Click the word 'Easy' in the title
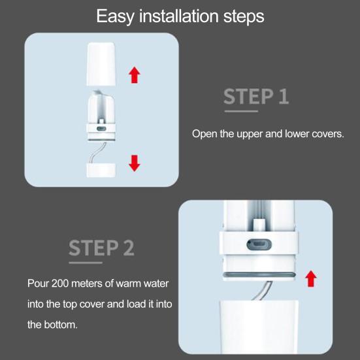click(x=115, y=16)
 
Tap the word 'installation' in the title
click(x=179, y=16)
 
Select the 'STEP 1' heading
click(x=256, y=97)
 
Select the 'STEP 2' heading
click(x=101, y=248)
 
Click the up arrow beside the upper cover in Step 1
click(x=135, y=75)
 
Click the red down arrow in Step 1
click(x=135, y=163)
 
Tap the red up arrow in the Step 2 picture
click(x=311, y=278)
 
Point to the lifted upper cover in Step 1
click(x=101, y=64)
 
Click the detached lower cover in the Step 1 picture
click(x=101, y=171)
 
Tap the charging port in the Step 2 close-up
click(x=259, y=244)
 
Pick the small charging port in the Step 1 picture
click(x=101, y=129)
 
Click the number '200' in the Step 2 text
click(x=60, y=284)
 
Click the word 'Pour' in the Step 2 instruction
click(x=38, y=284)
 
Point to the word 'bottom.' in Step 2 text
click(x=61, y=325)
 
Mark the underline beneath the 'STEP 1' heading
click(x=241, y=111)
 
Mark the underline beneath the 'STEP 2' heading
click(x=86, y=263)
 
